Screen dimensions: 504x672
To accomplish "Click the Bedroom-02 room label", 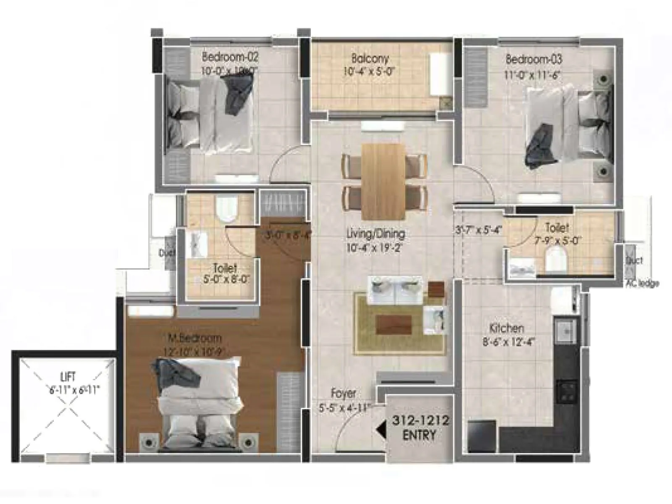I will pos(230,56).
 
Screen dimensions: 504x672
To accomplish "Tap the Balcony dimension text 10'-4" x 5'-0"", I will pos(369,71).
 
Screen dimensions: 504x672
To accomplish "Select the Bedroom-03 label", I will pos(533,59).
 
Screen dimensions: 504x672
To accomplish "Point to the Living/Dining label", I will pos(375,234).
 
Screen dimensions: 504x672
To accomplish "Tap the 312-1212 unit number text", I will pos(420,420).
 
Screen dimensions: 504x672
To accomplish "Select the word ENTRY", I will pos(420,435).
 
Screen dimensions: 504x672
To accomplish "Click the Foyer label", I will pos(343,394).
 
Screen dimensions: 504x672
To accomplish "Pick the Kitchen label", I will pos(507,328).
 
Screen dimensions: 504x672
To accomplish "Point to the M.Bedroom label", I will pos(194,338).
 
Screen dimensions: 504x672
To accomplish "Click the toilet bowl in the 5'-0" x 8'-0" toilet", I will pos(226,208).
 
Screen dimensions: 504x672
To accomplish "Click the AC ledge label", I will pos(641,284).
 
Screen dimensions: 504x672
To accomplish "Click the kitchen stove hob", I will pos(566,391).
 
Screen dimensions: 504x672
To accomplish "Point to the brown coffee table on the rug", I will pos(394,324).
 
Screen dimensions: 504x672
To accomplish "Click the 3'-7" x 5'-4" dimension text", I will pos(478,230).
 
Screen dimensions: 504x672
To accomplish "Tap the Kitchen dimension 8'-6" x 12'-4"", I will pos(508,341).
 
